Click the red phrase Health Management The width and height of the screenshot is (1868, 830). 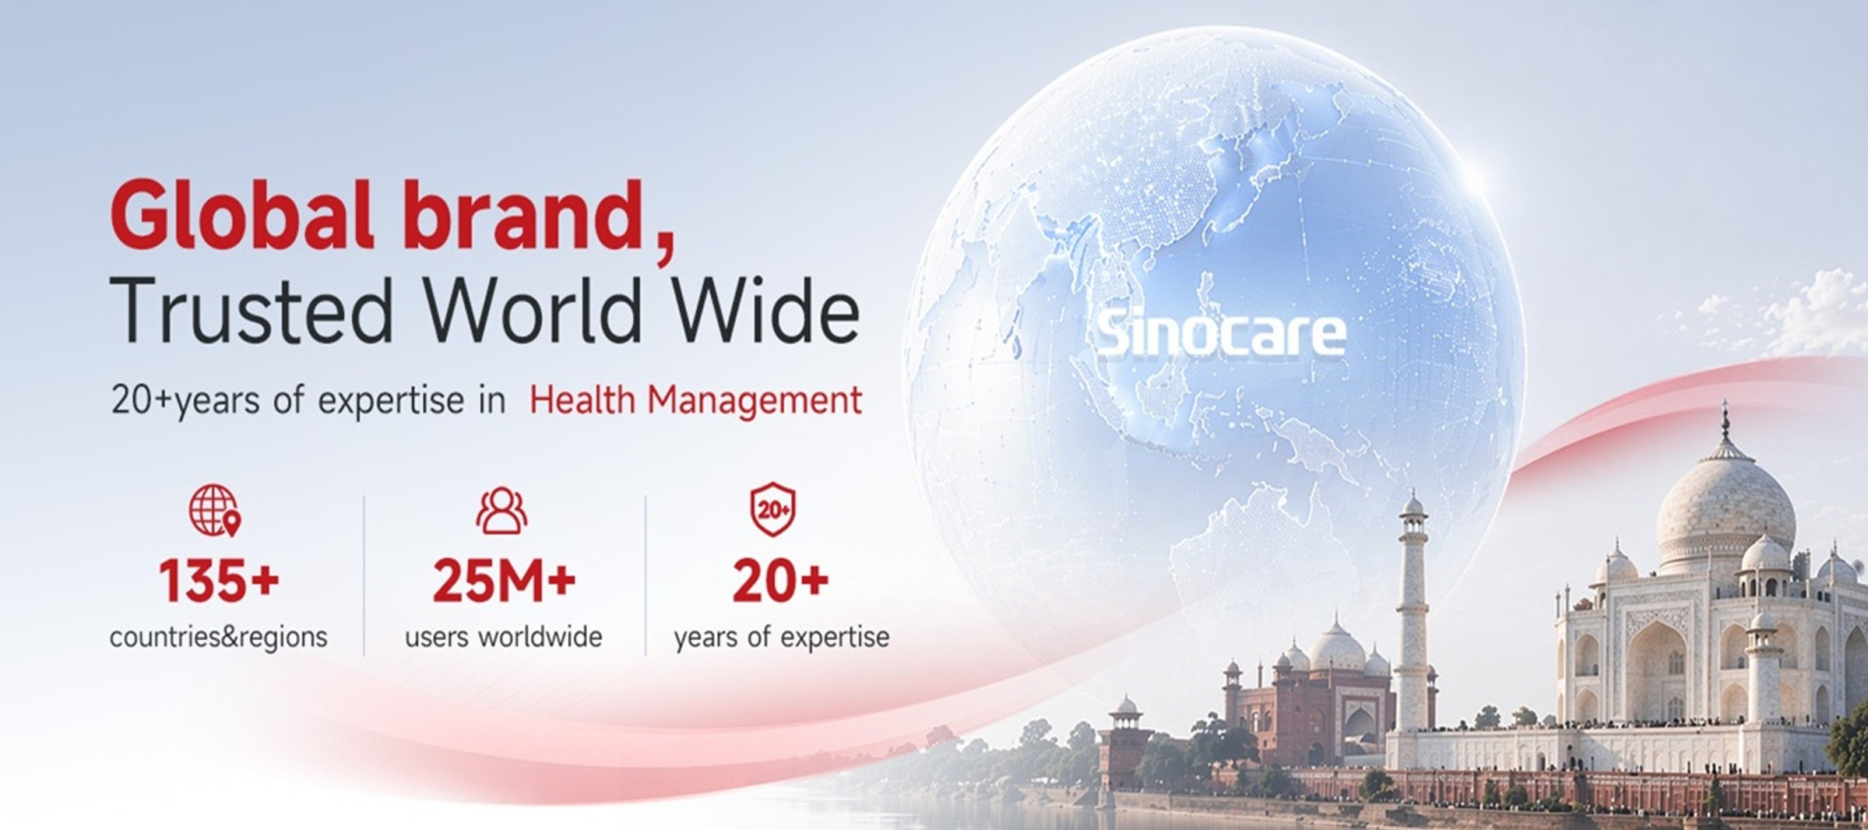pos(695,400)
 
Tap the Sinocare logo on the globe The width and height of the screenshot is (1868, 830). pos(1221,333)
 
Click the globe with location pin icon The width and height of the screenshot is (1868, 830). pos(215,511)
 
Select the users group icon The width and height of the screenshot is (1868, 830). pos(501,511)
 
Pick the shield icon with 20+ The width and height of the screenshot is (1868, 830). pos(773,510)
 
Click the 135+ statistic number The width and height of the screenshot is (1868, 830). pos(219,581)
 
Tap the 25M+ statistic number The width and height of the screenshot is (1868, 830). pos(504,581)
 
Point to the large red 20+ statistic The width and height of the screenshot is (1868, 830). pos(780,581)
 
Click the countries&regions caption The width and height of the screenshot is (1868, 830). pos(219,637)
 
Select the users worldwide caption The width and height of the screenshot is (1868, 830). pos(504,637)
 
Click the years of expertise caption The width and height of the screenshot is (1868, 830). pos(782,637)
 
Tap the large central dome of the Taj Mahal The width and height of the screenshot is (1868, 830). pos(1725,514)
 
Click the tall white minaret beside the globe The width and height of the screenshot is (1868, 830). pos(1412,615)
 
